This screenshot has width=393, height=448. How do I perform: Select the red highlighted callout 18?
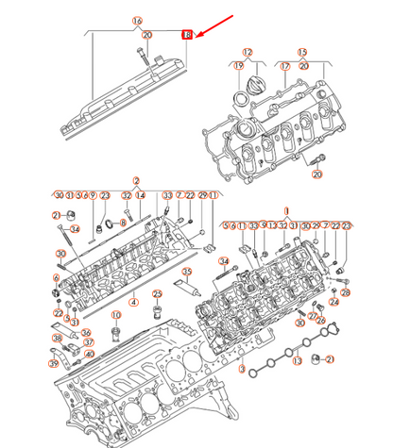[x=187, y=34]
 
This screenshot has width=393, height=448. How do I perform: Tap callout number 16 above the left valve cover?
[x=137, y=21]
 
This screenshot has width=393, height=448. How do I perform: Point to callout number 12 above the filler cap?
[x=248, y=52]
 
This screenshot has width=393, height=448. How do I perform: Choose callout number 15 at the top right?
[x=302, y=52]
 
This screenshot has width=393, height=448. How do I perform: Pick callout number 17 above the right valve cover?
[x=282, y=66]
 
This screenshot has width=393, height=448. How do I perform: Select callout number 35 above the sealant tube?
[x=187, y=272]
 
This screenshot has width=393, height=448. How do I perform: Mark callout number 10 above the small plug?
[x=116, y=315]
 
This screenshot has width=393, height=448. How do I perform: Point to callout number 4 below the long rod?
[x=133, y=302]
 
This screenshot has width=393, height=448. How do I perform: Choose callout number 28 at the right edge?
[x=345, y=293]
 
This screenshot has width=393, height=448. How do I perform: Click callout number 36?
[x=86, y=331]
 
